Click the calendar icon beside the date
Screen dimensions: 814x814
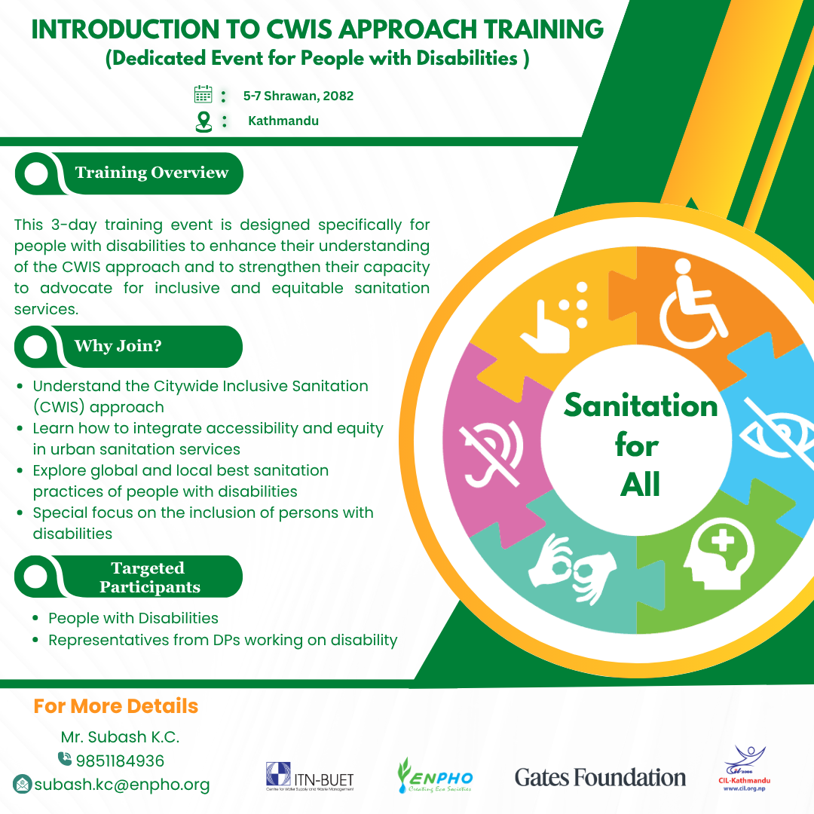203,94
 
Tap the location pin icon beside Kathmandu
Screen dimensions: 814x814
203,122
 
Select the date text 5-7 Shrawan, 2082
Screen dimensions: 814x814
298,96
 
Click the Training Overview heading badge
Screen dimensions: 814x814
129,173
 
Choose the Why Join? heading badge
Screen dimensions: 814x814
128,347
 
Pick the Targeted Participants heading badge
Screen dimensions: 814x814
128,577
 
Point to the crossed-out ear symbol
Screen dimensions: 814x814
491,454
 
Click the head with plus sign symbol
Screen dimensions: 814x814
719,555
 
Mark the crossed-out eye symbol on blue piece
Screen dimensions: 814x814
777,433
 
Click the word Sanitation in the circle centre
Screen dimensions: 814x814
641,405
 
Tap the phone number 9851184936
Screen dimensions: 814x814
120,761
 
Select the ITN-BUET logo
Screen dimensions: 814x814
310,776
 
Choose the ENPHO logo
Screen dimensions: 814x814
435,776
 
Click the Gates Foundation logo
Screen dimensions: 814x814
600,778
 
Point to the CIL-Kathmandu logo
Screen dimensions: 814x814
745,769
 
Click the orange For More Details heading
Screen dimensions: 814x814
116,706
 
